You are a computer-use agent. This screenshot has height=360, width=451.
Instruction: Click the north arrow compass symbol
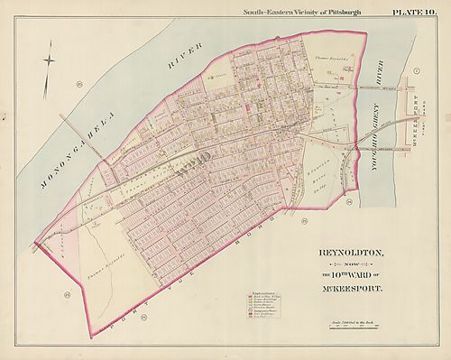[49, 61]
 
